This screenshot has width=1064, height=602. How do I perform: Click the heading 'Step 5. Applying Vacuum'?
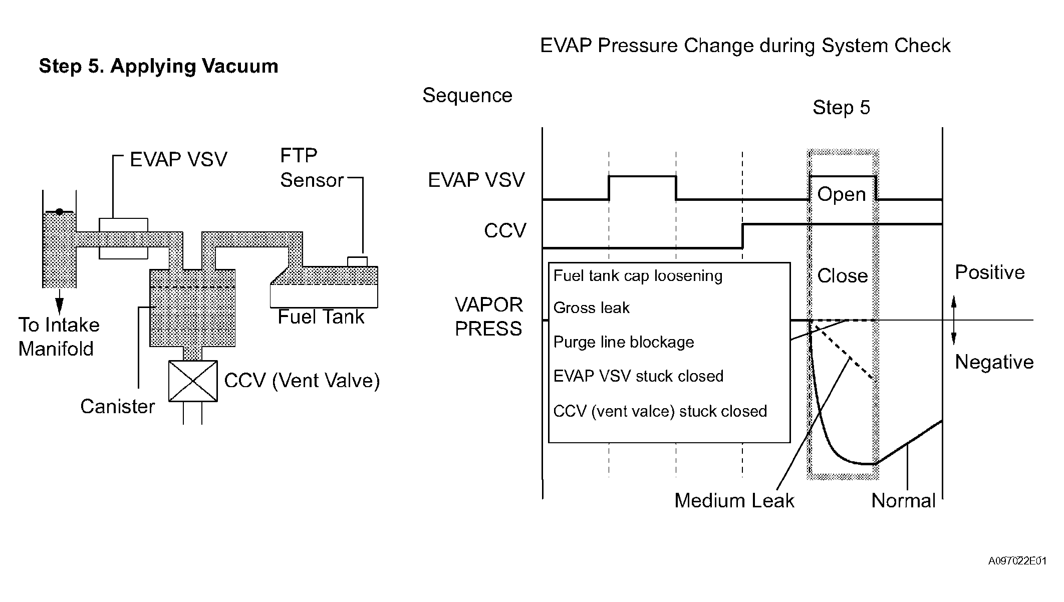(158, 67)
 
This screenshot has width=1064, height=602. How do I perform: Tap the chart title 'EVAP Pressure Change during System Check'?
(745, 46)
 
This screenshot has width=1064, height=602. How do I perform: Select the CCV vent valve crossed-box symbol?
(193, 381)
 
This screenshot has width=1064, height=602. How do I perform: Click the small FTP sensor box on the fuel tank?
(357, 261)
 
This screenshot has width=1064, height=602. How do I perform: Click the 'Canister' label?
(118, 407)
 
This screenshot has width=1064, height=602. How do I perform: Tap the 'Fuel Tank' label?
(321, 317)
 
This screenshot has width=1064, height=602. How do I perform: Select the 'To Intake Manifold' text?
(59, 337)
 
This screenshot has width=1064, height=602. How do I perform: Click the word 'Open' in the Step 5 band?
(842, 195)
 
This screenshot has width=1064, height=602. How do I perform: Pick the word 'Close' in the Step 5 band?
(843, 276)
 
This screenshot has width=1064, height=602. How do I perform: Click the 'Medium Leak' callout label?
(734, 501)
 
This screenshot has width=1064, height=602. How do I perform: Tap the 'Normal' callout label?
(903, 501)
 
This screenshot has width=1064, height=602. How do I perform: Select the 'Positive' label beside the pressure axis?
(990, 272)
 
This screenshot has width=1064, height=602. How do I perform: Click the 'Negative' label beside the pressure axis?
(994, 362)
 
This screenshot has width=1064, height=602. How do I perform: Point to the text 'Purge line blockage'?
(624, 342)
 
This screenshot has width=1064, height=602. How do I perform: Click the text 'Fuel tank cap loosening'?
(638, 276)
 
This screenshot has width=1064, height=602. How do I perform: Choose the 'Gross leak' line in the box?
(591, 308)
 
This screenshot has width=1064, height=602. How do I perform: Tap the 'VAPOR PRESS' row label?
(489, 317)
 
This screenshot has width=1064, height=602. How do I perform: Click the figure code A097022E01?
(1017, 561)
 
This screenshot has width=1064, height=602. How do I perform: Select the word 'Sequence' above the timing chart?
(467, 96)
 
